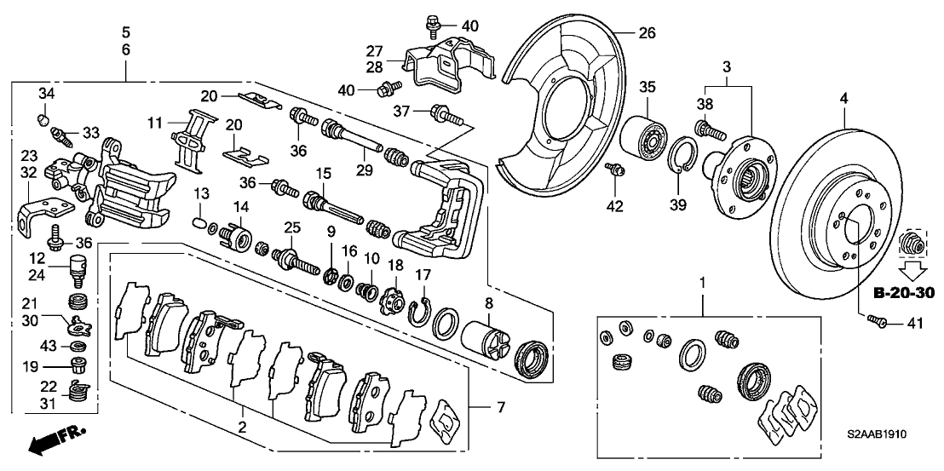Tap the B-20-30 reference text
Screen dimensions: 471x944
coord(904,293)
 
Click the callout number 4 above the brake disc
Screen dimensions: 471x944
coord(844,99)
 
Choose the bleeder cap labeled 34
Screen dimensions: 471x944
coord(45,116)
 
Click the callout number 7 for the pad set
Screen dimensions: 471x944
coord(501,409)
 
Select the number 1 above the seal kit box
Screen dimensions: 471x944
coord(703,281)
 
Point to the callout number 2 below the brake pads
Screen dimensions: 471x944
coord(242,426)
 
